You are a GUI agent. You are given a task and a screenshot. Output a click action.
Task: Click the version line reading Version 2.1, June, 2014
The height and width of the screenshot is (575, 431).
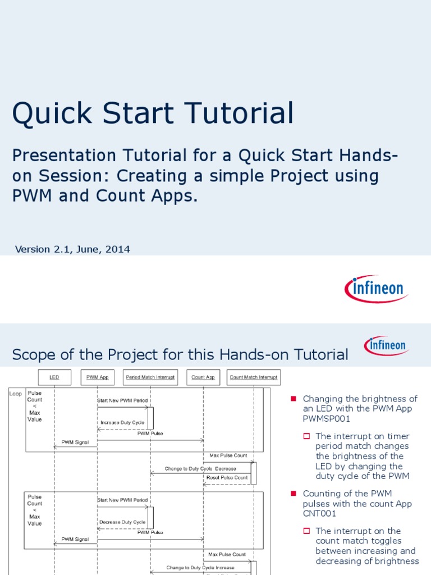coord(72,249)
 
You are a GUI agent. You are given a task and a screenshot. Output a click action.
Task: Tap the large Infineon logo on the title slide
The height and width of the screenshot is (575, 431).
coord(376,289)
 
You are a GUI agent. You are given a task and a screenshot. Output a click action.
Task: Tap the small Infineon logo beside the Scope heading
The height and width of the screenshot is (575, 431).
coord(386,345)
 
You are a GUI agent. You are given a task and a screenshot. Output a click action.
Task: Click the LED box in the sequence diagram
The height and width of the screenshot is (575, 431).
coord(54,377)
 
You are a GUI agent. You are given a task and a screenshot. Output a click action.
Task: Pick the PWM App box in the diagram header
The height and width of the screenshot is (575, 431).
coord(97,377)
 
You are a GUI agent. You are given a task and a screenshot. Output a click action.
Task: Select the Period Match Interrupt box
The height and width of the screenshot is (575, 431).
coord(150,377)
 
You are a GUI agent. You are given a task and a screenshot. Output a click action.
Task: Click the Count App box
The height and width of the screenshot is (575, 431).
coord(203,377)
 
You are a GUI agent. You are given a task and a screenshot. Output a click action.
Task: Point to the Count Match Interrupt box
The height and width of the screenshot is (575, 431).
coord(253,377)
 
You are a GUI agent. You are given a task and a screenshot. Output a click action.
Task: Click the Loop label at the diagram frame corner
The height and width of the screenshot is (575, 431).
coord(16,394)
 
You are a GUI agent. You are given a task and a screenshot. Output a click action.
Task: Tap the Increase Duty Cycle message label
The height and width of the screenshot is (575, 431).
coord(122,422)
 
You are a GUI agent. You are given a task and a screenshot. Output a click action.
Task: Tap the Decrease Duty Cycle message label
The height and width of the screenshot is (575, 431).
coord(122,522)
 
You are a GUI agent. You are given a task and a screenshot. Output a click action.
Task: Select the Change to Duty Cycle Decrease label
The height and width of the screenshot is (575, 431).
coord(200,468)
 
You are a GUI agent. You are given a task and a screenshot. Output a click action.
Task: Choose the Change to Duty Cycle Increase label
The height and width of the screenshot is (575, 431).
coord(200,568)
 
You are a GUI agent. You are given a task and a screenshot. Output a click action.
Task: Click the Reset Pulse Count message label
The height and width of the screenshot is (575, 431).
coord(227,477)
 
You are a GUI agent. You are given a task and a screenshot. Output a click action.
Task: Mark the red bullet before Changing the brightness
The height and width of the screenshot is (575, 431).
coord(293,399)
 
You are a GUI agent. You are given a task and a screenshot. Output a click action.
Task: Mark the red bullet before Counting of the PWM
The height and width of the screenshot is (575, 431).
coord(293,494)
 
